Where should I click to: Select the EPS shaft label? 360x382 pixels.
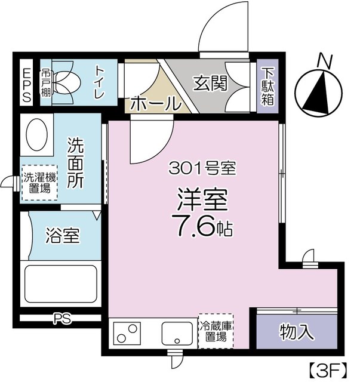point(26,86)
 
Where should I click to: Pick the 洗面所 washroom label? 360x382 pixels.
point(76,164)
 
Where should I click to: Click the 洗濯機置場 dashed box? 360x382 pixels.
point(39,183)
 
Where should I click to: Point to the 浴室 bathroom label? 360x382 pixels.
point(62,236)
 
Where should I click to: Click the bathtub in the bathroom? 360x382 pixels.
point(60,285)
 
